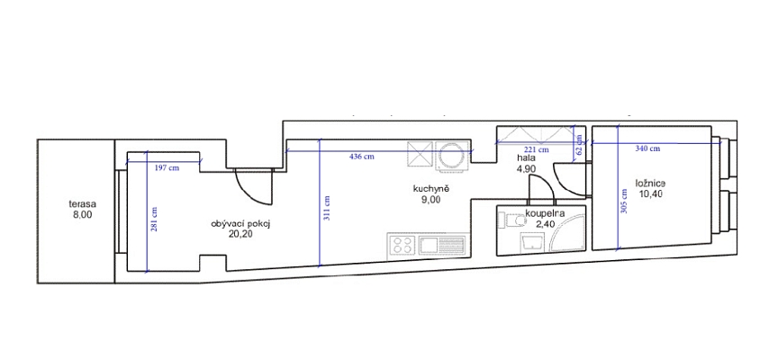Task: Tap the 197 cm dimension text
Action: (x=167, y=167)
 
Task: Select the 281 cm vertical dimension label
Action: (x=154, y=219)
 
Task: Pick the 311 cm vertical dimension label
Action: (x=327, y=208)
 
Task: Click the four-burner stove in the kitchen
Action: (x=403, y=244)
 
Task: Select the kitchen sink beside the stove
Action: (x=442, y=244)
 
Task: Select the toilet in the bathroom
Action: (x=511, y=220)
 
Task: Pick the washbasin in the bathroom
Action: (x=532, y=242)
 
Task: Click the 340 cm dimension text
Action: (x=647, y=148)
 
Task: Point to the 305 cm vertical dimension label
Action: (x=623, y=202)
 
